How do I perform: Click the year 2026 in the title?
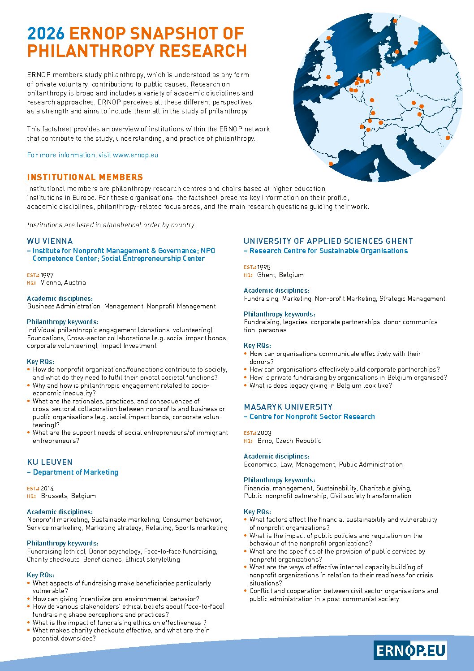point(46,34)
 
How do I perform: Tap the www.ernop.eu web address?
point(135,155)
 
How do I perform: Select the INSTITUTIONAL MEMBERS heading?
point(85,177)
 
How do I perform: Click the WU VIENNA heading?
point(50,241)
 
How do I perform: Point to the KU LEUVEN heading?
point(49,462)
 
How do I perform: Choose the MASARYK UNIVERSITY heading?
point(288,407)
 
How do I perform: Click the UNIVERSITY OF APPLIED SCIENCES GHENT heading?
point(328,241)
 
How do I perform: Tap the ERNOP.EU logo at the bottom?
point(410,650)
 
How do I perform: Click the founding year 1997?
point(47,275)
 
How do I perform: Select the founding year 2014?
point(47,489)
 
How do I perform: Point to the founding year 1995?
point(264,267)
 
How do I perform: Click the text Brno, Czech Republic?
point(289,441)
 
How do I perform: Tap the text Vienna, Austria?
point(63,283)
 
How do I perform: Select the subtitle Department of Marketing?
point(75,472)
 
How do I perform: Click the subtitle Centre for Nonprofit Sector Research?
point(312,417)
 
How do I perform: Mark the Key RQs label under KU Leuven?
point(40,575)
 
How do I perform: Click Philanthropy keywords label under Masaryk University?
point(280,480)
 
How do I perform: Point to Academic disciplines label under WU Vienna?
point(60,299)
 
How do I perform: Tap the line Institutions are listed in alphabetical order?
point(111,225)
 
